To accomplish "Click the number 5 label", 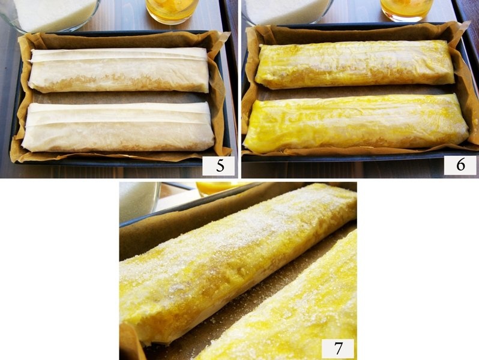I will coord(218,165).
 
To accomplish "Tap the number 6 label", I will coord(460,164).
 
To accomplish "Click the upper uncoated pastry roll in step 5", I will coord(119,71).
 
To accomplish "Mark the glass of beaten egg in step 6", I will coord(406,9).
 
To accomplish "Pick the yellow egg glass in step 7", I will coord(216,188).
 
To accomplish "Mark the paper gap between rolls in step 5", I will coord(120,98).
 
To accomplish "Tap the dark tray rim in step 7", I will coord(180,204).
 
